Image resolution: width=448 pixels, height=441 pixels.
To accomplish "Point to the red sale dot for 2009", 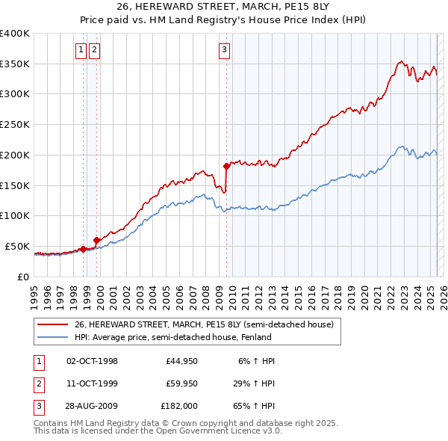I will point(226,165).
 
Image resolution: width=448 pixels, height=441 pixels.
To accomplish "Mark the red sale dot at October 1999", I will point(96,239).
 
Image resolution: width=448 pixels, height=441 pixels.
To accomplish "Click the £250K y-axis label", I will point(14,124).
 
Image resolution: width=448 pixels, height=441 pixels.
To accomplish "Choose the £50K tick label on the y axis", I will point(17,246).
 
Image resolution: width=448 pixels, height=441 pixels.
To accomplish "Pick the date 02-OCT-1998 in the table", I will point(92,361).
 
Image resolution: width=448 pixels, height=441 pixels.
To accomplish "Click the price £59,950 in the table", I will point(181,383).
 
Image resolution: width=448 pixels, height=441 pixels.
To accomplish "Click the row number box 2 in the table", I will point(38,383).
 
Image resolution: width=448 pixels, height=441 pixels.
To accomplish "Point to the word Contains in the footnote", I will point(52,423).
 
